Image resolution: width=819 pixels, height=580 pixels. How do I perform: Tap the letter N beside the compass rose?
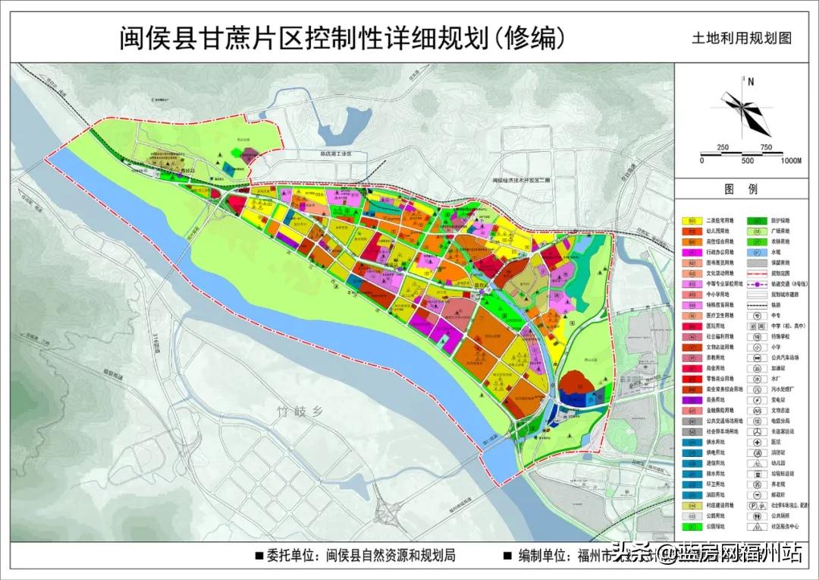click(750, 82)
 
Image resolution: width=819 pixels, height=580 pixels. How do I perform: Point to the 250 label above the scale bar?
click(723, 147)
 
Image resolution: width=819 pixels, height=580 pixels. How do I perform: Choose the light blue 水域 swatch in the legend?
click(758, 251)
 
